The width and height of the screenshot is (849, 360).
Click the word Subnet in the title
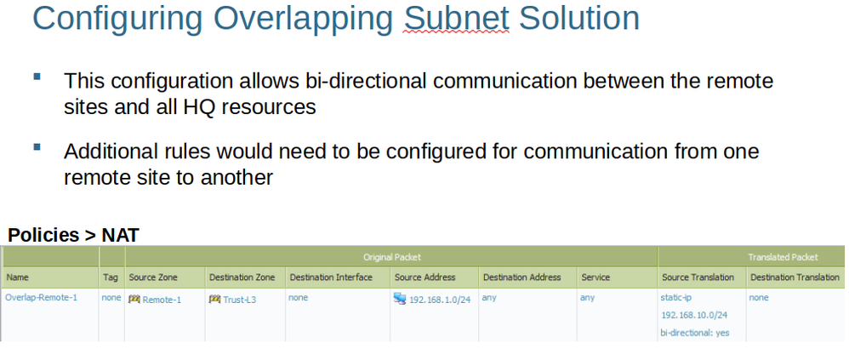(457, 18)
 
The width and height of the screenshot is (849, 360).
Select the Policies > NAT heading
(74, 235)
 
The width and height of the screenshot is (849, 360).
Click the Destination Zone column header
(242, 277)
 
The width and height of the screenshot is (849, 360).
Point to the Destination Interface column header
(331, 277)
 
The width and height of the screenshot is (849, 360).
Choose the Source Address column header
(425, 277)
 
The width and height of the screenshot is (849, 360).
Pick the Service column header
(595, 277)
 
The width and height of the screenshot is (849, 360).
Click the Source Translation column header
(698, 277)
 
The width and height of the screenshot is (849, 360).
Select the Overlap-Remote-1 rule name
(41, 297)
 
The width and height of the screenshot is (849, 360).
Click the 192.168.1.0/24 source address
(440, 300)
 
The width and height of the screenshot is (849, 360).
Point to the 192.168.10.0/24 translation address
(694, 315)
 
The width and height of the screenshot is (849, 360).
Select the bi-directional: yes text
(695, 333)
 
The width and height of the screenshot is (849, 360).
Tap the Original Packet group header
(391, 257)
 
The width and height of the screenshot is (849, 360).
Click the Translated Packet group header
(783, 257)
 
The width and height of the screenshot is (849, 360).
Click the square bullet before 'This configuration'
(37, 77)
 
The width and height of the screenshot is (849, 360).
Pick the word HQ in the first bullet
(192, 106)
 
